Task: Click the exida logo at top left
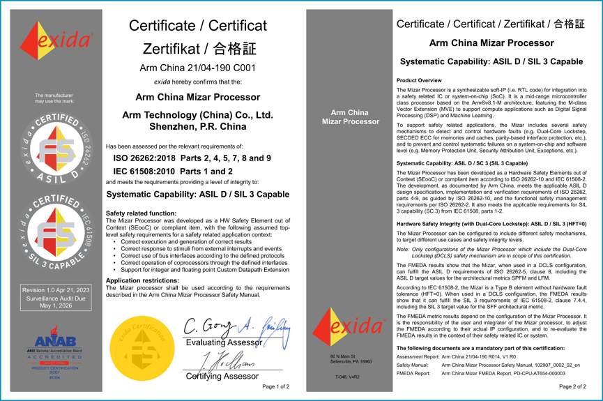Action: click(54, 40)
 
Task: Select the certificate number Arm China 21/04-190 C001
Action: click(197, 68)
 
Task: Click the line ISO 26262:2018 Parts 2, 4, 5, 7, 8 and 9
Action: click(192, 158)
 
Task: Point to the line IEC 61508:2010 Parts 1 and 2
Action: click(172, 171)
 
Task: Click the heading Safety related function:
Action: click(140, 213)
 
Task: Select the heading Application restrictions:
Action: click(143, 280)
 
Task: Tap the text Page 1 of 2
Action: click(275, 386)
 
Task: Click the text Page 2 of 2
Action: click(573, 386)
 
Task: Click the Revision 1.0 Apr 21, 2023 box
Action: click(54, 298)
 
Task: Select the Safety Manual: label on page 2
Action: click(413, 365)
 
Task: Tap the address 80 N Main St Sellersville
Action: click(346, 359)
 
